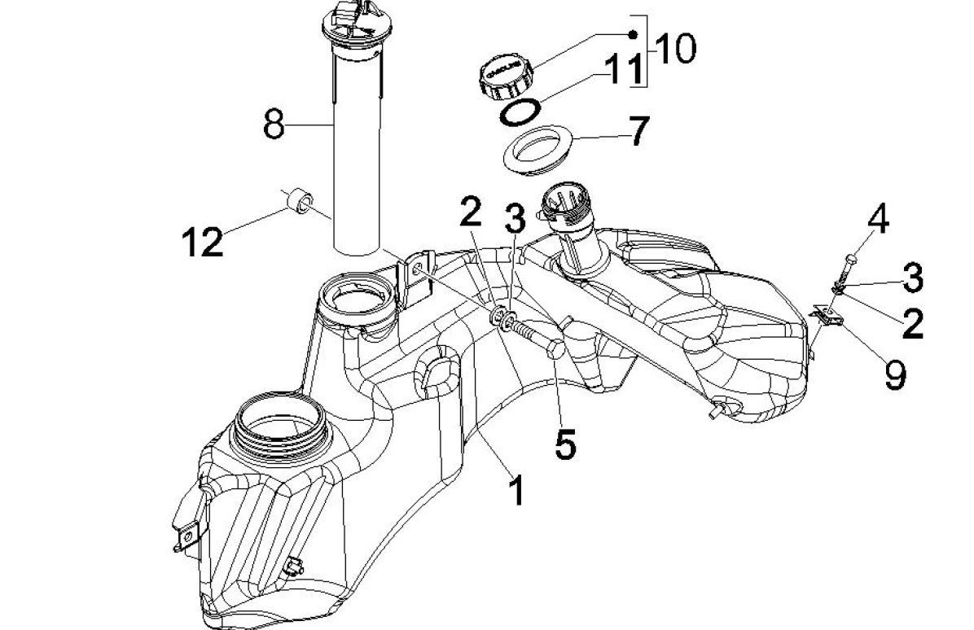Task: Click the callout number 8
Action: (274, 125)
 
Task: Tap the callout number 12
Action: (202, 242)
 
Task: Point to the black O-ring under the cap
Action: (520, 113)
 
